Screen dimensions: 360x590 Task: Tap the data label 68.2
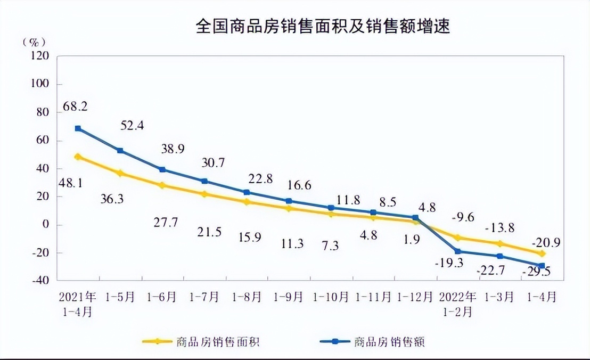coord(76,106)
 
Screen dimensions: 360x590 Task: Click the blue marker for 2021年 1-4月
coord(78,128)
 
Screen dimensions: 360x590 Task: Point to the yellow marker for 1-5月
coord(120,173)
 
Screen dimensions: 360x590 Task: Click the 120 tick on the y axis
coord(39,55)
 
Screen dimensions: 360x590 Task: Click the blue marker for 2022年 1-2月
coord(457,251)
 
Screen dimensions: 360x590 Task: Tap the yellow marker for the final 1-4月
coord(542,253)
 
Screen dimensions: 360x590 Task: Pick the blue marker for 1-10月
coord(331,208)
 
